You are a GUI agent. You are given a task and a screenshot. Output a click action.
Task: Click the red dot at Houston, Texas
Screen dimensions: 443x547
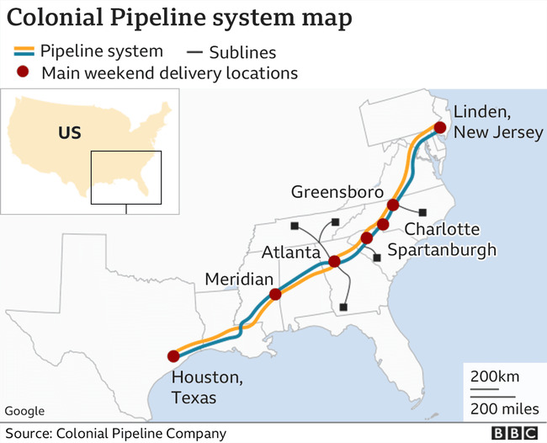click(x=173, y=356)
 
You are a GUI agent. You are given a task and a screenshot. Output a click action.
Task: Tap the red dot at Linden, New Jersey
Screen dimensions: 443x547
click(x=439, y=128)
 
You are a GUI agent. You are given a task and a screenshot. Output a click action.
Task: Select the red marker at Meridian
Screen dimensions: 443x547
click(x=274, y=295)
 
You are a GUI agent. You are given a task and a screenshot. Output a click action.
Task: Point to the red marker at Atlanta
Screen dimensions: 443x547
click(x=334, y=262)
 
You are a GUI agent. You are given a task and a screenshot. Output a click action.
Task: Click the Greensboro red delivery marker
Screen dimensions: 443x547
click(x=393, y=205)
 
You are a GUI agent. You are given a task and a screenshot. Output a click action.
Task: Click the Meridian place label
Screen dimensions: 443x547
click(x=240, y=280)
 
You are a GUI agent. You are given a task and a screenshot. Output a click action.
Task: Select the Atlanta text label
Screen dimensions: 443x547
click(x=290, y=252)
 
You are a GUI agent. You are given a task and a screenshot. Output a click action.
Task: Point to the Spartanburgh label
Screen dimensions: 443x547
click(x=443, y=249)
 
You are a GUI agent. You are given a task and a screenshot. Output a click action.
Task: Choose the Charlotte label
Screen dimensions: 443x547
click(x=443, y=229)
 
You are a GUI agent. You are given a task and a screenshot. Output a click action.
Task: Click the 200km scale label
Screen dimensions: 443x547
click(x=496, y=375)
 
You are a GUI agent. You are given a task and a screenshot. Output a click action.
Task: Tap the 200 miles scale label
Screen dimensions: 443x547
click(x=502, y=409)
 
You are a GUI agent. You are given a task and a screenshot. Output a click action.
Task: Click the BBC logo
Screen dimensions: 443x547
click(x=513, y=434)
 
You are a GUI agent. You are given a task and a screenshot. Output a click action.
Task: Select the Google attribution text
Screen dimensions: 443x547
click(x=24, y=411)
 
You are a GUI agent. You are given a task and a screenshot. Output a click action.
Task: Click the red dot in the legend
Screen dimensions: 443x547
click(x=26, y=73)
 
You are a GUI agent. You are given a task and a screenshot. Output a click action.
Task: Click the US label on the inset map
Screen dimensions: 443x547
click(x=69, y=133)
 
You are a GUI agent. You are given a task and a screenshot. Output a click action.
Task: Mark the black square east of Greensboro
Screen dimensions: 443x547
click(x=423, y=212)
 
